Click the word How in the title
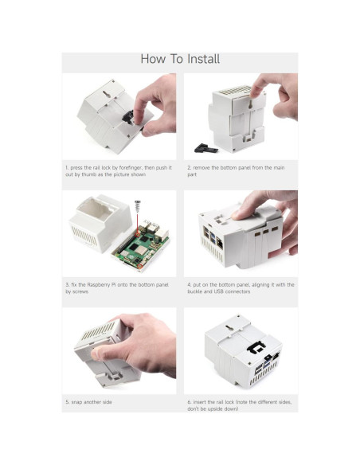tap(153, 59)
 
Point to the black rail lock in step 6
tap(257, 348)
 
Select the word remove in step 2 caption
tap(203, 168)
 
